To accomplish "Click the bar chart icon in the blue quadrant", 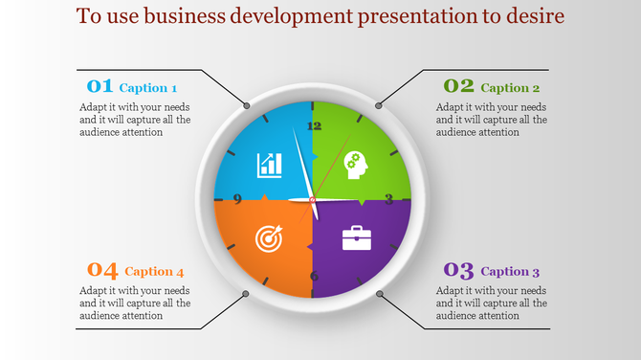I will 269,164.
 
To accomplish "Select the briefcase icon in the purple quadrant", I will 357,236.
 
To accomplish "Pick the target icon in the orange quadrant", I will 269,236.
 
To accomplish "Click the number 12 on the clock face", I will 313,125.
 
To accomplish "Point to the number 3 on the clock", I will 388,199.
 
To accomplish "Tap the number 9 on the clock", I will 236,200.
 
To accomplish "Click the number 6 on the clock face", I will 314,276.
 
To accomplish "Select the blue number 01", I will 99,86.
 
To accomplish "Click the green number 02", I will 458,86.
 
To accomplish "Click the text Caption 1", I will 148,88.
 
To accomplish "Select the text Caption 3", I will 510,271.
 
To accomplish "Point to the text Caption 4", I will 154,272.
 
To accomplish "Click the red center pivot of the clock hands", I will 313,199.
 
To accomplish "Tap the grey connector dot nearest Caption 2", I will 379,104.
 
